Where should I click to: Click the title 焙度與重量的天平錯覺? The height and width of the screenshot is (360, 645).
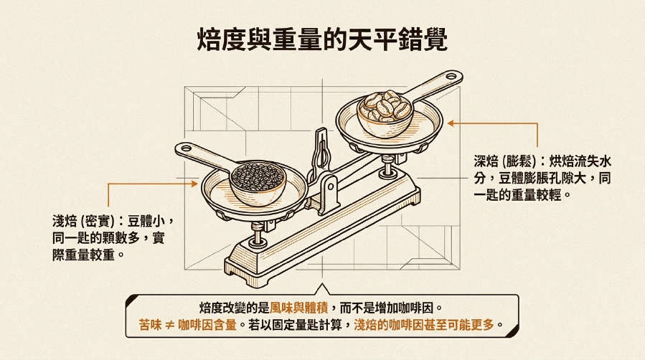(x=322, y=39)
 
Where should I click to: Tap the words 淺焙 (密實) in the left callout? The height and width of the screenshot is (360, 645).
(x=83, y=221)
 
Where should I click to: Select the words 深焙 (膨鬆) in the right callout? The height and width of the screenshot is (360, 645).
(x=504, y=161)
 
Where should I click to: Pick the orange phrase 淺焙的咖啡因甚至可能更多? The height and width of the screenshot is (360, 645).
(x=424, y=325)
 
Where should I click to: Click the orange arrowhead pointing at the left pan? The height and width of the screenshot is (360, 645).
(x=194, y=184)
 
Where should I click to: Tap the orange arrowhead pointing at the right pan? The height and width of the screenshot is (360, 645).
(x=451, y=123)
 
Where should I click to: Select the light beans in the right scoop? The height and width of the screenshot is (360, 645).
(x=385, y=106)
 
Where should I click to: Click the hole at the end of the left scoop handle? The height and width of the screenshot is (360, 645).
(x=186, y=148)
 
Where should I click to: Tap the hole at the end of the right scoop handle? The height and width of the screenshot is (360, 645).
(x=451, y=76)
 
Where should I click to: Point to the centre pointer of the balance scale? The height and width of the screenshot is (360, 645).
(x=321, y=150)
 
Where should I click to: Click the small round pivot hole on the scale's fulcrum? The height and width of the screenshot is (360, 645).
(x=330, y=187)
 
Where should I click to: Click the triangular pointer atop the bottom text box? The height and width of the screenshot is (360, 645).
(x=322, y=289)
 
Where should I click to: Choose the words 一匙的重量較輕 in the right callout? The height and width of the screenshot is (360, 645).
(x=518, y=194)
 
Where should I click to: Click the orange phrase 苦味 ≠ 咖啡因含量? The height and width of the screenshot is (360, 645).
(x=188, y=325)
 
